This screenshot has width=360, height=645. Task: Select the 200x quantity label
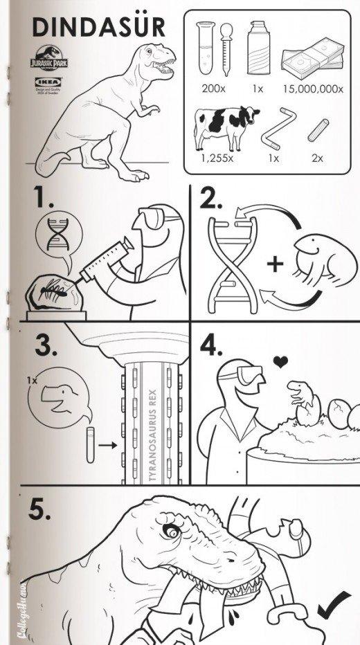pyautogui.click(x=214, y=89)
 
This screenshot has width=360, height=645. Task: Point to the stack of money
pyautogui.click(x=312, y=60)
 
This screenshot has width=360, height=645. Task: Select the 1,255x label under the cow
pyautogui.click(x=217, y=158)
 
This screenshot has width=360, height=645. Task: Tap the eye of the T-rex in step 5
pyautogui.click(x=170, y=532)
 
